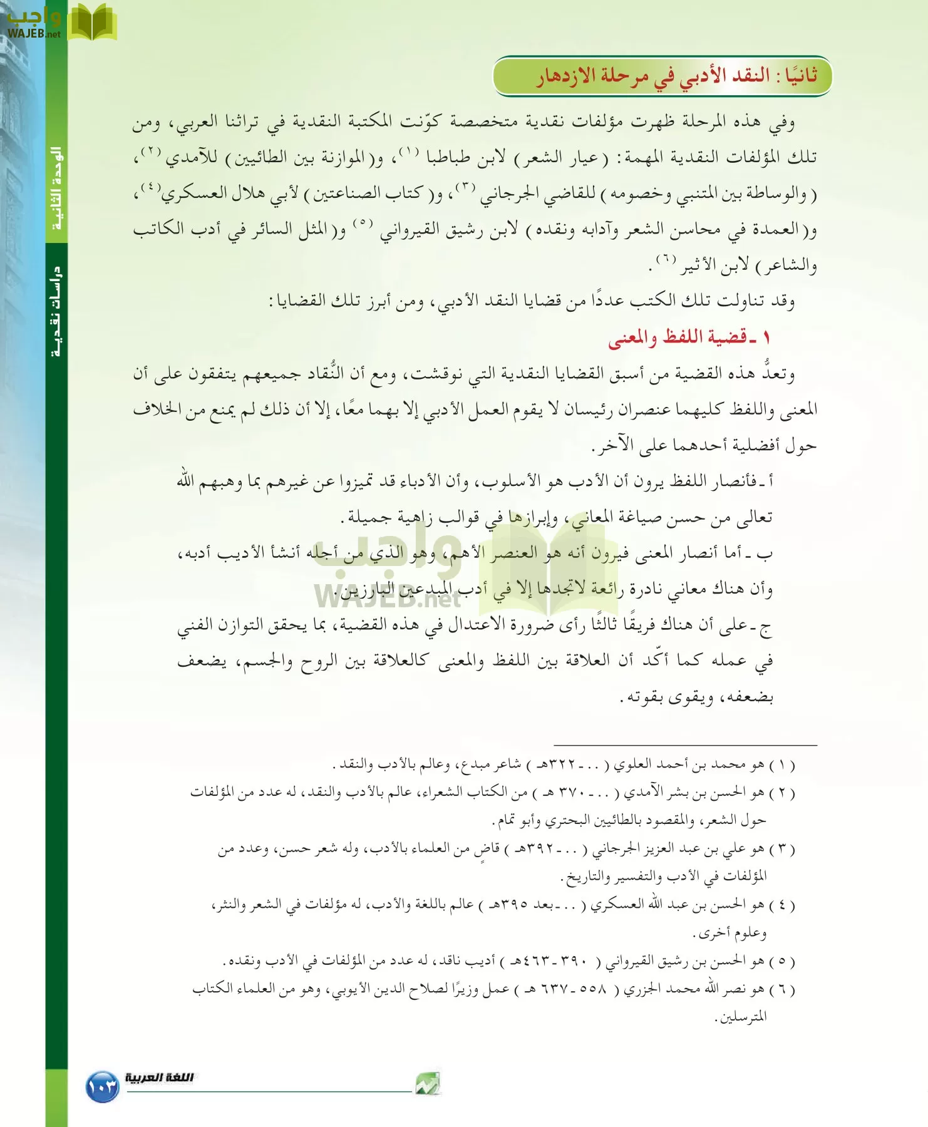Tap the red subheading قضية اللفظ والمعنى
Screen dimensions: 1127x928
pyautogui.click(x=689, y=338)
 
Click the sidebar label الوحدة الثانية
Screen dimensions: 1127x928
pyautogui.click(x=56, y=188)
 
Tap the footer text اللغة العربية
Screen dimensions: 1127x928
pyautogui.click(x=159, y=1078)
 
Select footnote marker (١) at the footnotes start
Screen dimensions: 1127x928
pyautogui.click(x=782, y=764)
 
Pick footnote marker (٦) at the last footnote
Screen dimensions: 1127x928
pyautogui.click(x=782, y=989)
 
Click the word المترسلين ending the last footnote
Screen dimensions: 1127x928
pyautogui.click(x=742, y=1017)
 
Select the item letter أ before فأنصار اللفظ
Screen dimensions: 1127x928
pyautogui.click(x=769, y=481)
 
